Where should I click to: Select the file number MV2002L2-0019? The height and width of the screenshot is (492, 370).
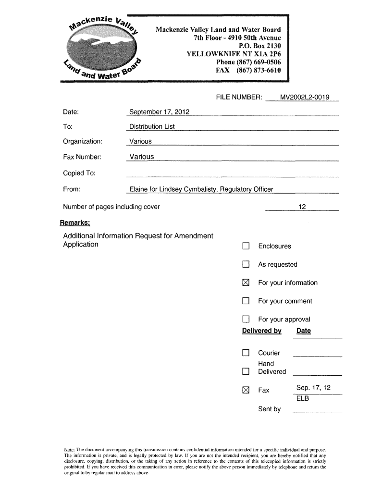(x=305, y=98)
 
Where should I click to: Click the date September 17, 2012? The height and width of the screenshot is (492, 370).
(x=160, y=112)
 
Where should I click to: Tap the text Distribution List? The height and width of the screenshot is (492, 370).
(x=152, y=127)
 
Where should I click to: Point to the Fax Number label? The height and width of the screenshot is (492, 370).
(x=82, y=157)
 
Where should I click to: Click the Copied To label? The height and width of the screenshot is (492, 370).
(x=79, y=173)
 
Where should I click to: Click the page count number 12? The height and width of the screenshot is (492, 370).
(x=302, y=207)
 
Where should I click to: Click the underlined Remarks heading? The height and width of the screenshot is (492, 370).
(x=74, y=223)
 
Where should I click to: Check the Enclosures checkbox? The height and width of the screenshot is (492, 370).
(x=246, y=246)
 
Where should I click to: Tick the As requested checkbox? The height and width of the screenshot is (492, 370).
(x=246, y=265)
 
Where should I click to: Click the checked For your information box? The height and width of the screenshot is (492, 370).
(x=246, y=283)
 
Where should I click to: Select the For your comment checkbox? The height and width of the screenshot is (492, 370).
(x=246, y=301)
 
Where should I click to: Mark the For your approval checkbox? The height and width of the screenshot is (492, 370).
(x=246, y=320)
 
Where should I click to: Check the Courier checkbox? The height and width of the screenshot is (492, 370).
(x=246, y=353)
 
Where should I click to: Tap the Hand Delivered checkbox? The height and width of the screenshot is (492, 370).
(x=246, y=371)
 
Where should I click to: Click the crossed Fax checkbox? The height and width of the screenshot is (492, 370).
(x=246, y=390)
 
